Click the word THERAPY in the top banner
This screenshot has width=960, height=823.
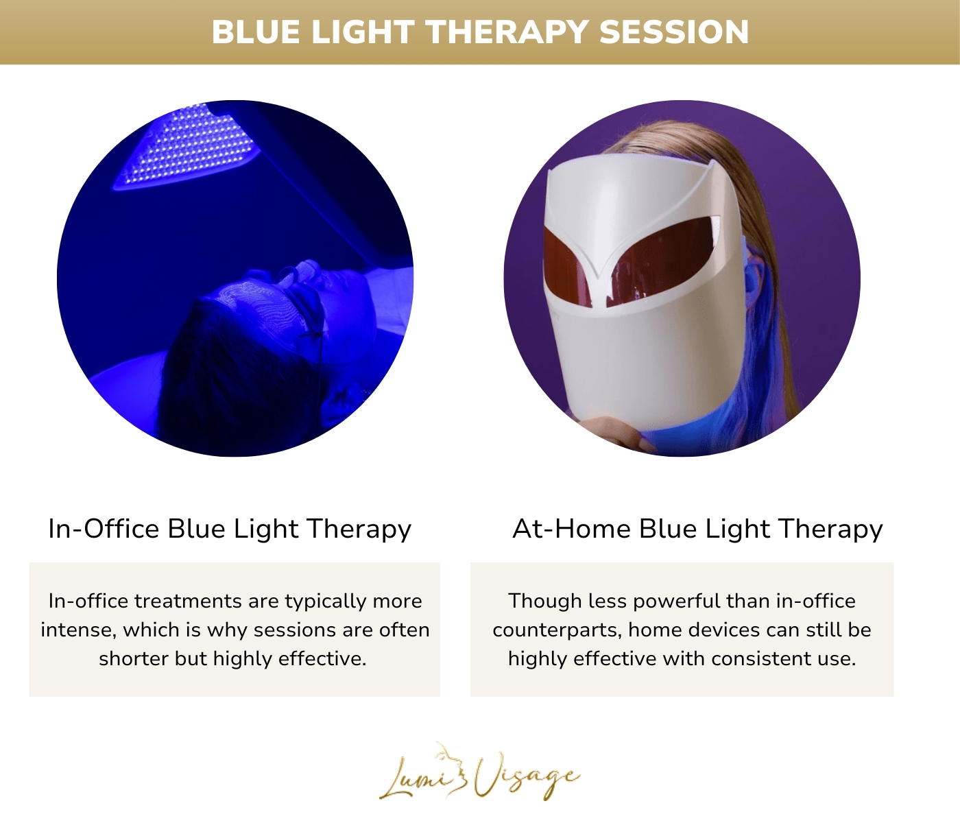505,32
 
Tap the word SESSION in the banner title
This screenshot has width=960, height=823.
674,32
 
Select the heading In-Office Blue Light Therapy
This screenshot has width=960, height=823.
230,529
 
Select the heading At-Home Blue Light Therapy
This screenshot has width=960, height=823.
697,529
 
